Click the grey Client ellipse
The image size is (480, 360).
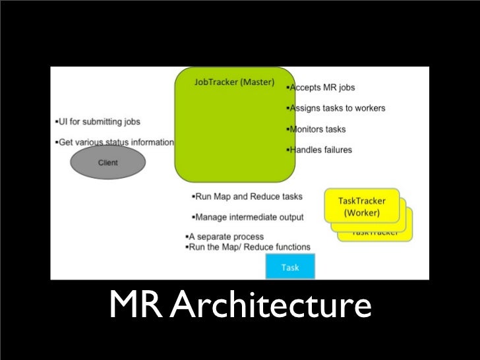(107, 162)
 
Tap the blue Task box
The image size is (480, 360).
(291, 267)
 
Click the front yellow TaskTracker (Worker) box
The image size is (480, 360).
(361, 205)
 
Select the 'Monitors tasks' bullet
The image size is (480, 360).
(318, 129)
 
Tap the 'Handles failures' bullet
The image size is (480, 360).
(321, 150)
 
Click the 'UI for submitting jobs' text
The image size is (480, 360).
(98, 122)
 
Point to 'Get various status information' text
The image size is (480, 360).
(115, 142)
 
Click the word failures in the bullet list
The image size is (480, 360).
(334, 150)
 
